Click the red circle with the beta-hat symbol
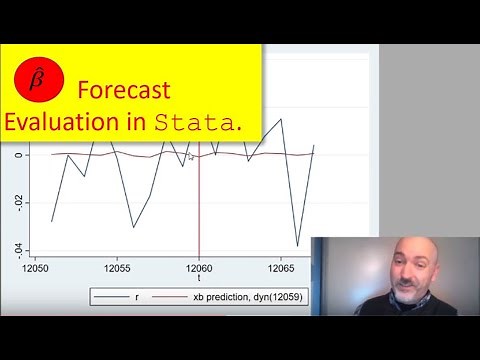click(40, 80)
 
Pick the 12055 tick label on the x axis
click(118, 269)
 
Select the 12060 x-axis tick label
click(199, 269)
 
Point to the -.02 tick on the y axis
click(13, 202)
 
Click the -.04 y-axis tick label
click(13, 249)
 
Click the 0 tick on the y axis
click(17, 155)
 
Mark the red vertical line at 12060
click(199, 200)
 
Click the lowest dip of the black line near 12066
click(297, 245)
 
